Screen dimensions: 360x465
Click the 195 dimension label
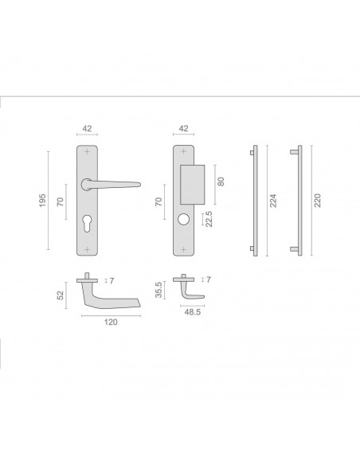[43, 200]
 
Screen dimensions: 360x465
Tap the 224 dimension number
[273, 201]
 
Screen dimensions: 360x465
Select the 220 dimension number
[318, 201]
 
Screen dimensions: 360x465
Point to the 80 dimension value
[221, 182]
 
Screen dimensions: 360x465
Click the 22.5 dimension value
[209, 219]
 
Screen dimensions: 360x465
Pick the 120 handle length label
[111, 322]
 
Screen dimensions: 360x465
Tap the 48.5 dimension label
[193, 312]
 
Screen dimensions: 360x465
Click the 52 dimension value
[61, 295]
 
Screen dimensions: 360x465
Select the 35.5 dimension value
[159, 290]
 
